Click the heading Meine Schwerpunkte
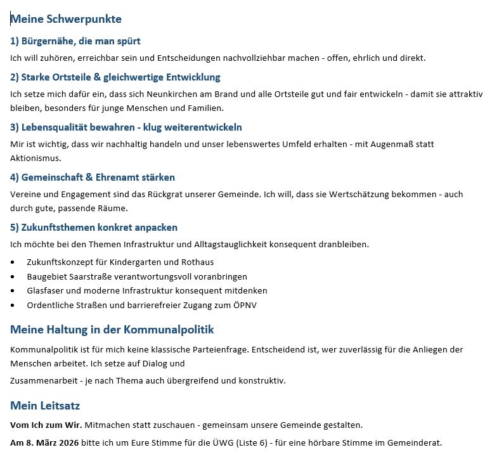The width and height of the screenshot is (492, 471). [x=66, y=19]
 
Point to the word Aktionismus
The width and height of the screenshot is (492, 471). [x=36, y=158]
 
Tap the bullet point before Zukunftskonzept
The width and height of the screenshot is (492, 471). [x=13, y=262]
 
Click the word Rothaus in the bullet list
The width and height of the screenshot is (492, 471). [x=198, y=262]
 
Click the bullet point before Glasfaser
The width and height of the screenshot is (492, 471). [x=13, y=291]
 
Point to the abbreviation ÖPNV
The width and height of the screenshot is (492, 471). [x=245, y=305]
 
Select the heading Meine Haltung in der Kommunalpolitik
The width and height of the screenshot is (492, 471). [x=112, y=330]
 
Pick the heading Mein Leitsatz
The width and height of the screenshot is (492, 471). [x=45, y=406]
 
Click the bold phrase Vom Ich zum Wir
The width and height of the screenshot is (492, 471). [x=46, y=425]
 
